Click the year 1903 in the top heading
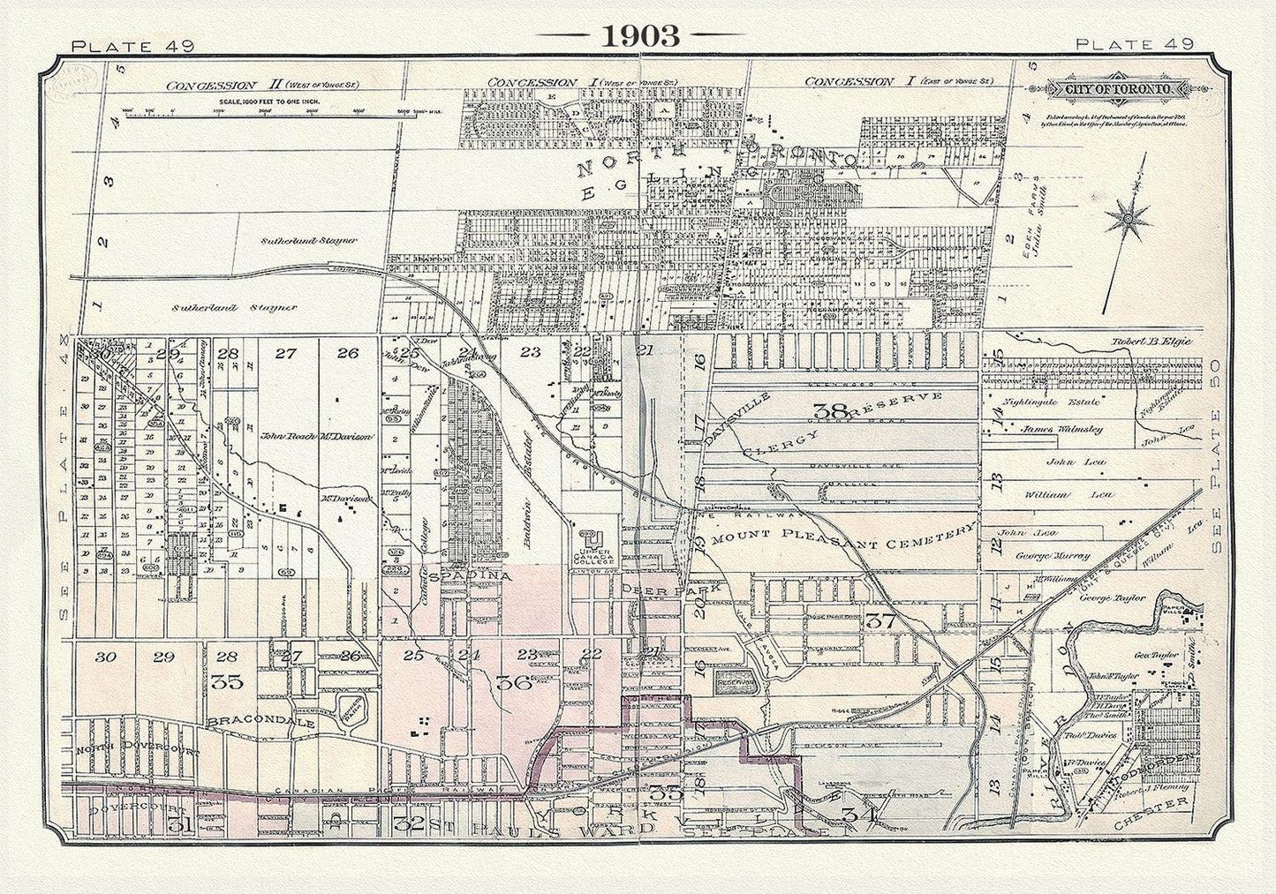(640, 34)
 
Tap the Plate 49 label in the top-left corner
(125, 45)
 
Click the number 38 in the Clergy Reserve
(831, 410)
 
